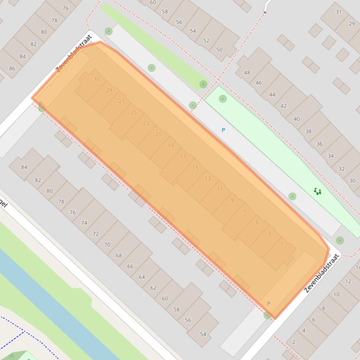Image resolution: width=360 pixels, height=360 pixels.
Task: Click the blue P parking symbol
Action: (223, 130)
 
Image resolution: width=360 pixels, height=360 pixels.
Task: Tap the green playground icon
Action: (318, 191)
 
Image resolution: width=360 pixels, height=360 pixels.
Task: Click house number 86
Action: (12, 68)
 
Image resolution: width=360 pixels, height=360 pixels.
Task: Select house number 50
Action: (220, 50)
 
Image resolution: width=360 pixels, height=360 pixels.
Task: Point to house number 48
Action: (247, 72)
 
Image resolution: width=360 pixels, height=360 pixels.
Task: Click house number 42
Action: (283, 106)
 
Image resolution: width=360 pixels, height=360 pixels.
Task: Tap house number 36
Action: (319, 144)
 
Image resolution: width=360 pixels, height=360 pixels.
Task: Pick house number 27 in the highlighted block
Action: (122, 101)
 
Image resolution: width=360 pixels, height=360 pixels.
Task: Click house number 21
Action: (158, 135)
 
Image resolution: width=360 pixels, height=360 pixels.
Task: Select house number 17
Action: (183, 156)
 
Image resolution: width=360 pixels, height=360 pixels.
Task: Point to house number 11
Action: (220, 189)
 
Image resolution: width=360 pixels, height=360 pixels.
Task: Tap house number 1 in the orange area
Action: (281, 244)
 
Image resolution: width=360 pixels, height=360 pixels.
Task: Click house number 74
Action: (84, 223)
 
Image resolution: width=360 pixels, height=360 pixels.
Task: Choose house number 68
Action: (118, 255)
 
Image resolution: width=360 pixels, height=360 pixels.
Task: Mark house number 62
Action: (153, 288)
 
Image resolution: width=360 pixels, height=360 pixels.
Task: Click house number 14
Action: (357, 268)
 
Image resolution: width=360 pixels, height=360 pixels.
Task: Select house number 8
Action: (323, 309)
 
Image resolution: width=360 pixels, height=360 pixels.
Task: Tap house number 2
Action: (294, 342)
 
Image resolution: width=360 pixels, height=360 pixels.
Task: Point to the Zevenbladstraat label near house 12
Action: (322, 273)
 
